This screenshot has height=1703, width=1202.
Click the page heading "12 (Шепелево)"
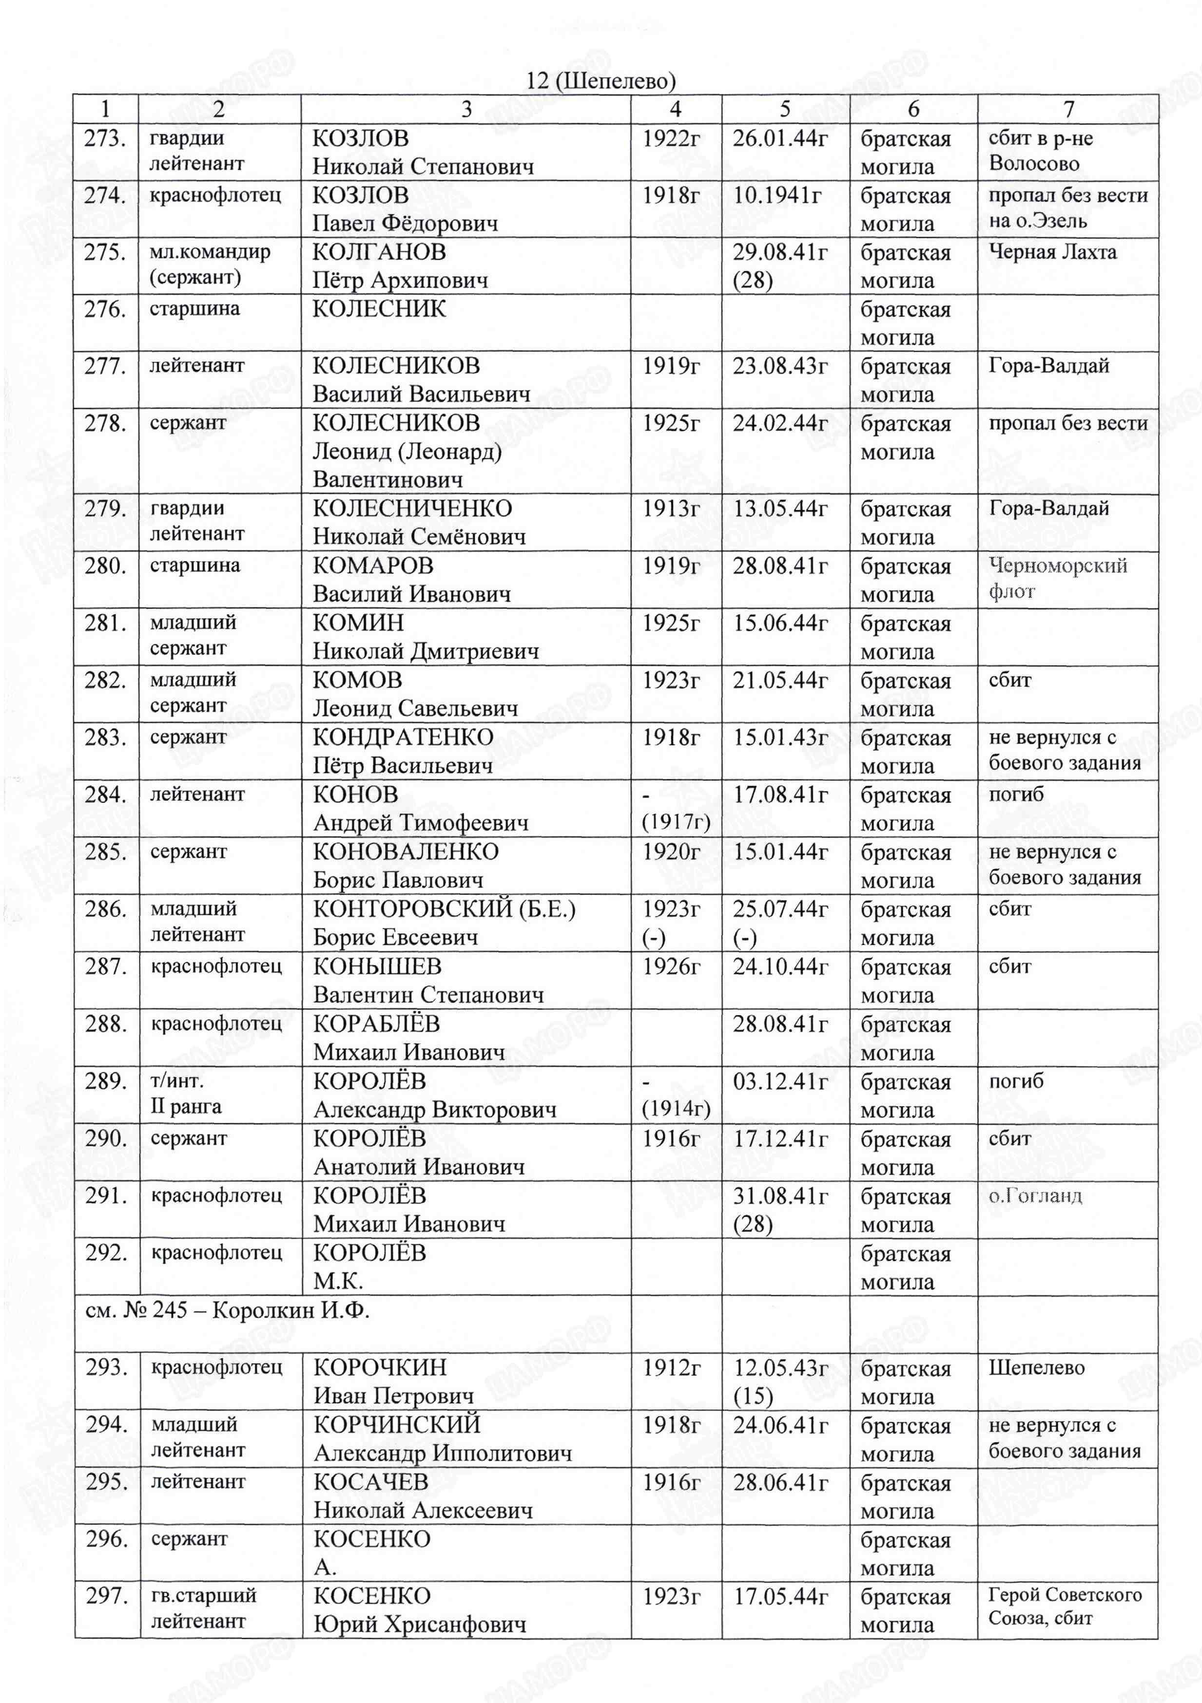[601, 80]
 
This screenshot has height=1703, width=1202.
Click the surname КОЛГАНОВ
[379, 252]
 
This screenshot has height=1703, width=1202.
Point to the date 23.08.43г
[780, 366]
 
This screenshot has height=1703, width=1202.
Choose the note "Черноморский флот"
[1057, 579]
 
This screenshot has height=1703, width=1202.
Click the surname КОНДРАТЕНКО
[403, 738]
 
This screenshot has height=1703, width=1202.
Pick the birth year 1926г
[671, 966]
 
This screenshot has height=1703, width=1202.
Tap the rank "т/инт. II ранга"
[186, 1094]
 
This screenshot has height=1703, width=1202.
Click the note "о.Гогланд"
[1035, 1196]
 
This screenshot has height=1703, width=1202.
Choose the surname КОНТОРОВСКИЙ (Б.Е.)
[444, 909]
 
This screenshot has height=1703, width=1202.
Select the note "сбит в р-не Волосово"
[1040, 151]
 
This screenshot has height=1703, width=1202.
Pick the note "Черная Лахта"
[1052, 252]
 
